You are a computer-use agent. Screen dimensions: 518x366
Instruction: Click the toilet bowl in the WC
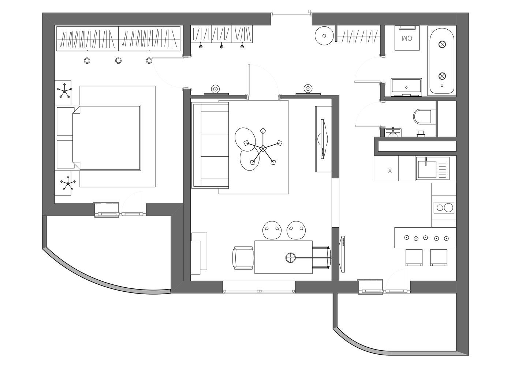point(422,117)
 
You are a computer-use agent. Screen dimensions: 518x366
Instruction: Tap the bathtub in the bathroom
point(442,61)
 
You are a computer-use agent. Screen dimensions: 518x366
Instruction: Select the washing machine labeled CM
point(407,38)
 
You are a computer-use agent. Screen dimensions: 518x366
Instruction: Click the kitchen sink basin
point(427,169)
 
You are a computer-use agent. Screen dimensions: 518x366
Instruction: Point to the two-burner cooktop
point(444,208)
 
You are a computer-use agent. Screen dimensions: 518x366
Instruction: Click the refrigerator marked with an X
point(386,168)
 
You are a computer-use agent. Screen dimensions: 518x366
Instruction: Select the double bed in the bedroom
point(107,138)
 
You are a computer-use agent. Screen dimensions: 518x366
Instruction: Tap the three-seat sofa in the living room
point(210,145)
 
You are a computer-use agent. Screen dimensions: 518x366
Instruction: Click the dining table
point(283,257)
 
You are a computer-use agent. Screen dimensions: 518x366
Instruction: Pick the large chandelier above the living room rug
point(263,147)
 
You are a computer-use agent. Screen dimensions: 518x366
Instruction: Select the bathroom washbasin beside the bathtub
point(406,87)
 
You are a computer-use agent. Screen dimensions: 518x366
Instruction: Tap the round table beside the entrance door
point(324,36)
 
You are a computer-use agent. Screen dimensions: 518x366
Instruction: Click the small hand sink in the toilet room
point(393,132)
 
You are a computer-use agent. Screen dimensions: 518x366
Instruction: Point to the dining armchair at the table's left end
point(243,258)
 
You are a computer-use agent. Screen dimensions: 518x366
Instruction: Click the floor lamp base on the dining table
point(290,258)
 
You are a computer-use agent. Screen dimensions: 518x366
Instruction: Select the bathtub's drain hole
point(442,86)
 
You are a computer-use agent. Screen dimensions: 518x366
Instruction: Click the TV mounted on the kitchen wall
point(342,254)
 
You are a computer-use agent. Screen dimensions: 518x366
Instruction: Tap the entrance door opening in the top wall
point(291,15)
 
